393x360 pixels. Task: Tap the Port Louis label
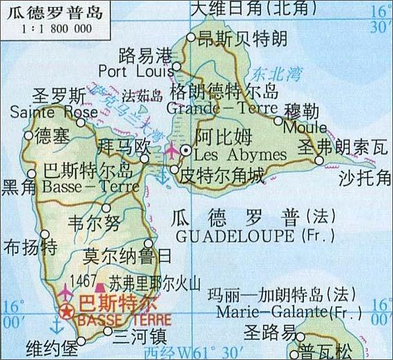point(135,70)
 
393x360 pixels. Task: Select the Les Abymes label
point(230,153)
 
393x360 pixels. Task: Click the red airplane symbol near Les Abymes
point(172,149)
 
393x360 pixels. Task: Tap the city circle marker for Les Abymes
point(185,150)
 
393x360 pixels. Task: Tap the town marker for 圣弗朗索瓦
point(318,160)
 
